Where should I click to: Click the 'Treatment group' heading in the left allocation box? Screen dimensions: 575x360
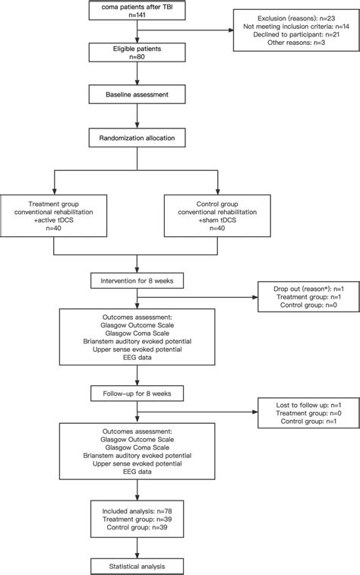point(52,204)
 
